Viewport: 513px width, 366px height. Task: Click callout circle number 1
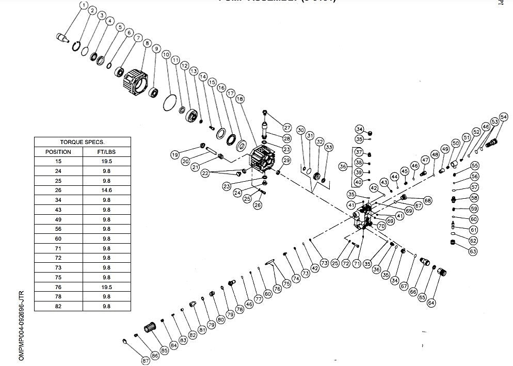tap(84, 6)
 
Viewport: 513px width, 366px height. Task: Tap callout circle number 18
tap(239, 98)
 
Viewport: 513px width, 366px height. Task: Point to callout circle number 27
tap(287, 128)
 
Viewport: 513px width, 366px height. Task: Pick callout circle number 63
tap(473, 251)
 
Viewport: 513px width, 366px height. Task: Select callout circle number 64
tap(431, 303)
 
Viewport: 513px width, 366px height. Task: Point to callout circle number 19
tap(175, 155)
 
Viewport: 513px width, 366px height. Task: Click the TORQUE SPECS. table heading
tap(82, 142)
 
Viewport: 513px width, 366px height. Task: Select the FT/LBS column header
tap(106, 152)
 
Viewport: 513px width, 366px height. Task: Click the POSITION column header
tap(58, 152)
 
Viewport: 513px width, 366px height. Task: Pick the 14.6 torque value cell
tap(106, 190)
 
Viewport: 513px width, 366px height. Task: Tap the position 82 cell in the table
tap(58, 306)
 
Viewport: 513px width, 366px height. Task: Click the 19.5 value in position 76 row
tap(106, 287)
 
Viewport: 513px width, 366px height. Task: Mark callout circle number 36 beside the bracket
tap(343, 166)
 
